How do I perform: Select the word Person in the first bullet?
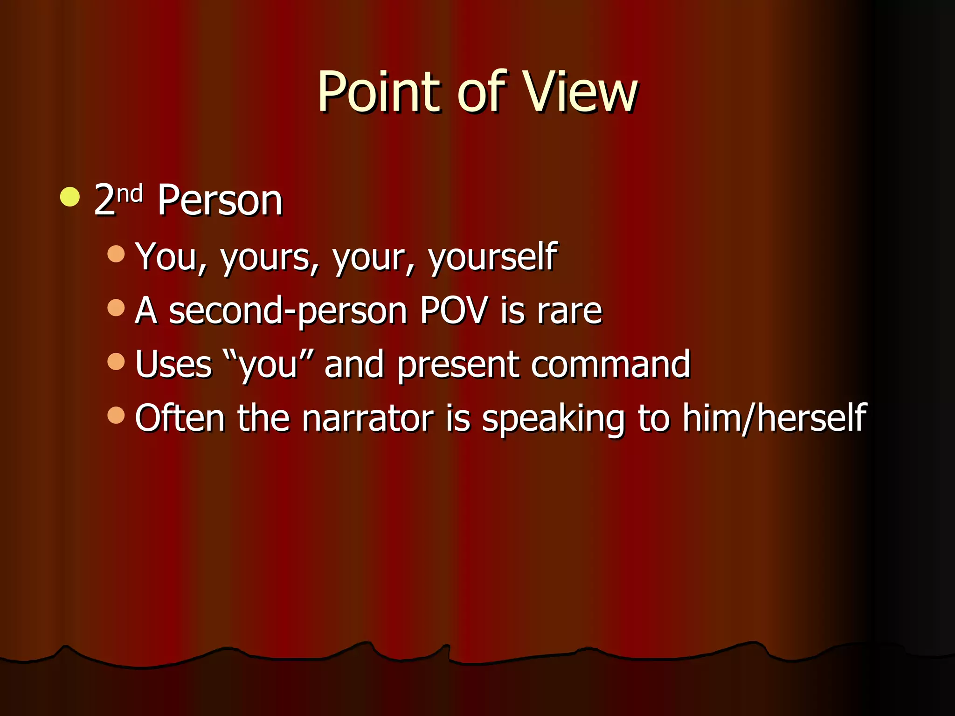220,200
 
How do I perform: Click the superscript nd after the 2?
130,193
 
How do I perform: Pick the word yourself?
492,257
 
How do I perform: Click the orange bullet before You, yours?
116,254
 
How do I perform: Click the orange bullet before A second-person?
116,308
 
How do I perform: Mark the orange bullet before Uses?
116,361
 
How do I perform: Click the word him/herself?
774,418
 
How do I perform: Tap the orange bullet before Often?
116,415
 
